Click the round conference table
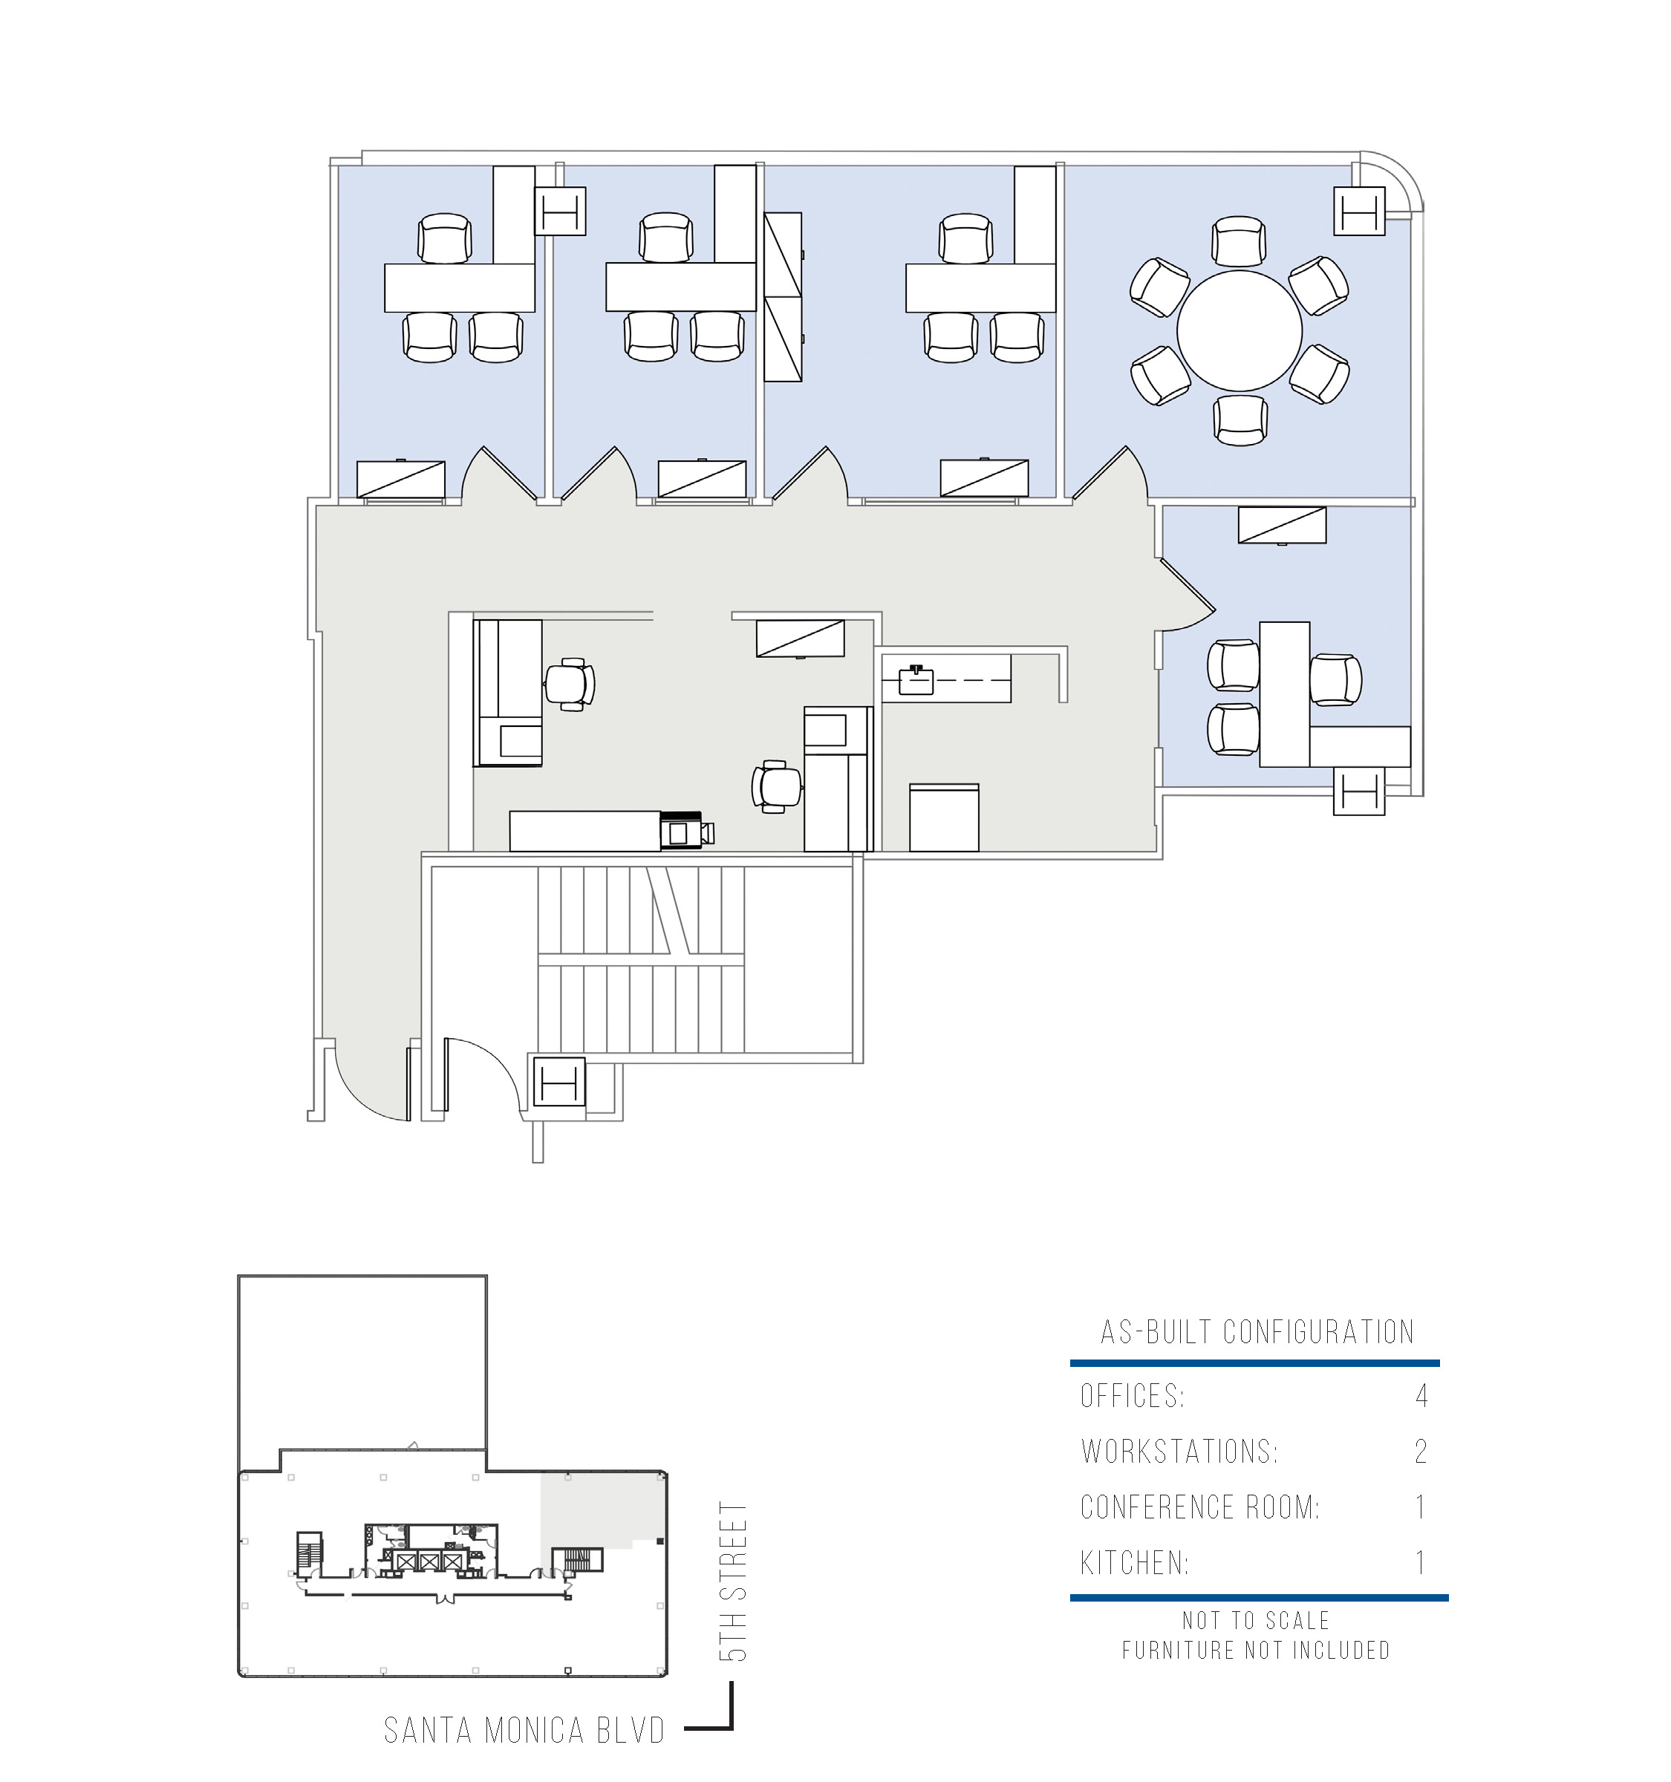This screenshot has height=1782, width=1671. pos(1239,330)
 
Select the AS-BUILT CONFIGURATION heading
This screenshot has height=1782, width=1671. pos(1257,1332)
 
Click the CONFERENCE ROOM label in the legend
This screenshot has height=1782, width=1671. pos(1199,1507)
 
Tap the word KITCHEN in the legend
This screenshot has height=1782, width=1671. pos(1134,1562)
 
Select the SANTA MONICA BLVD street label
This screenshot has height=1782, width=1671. pos(524,1730)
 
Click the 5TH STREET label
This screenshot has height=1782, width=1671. pos(733,1582)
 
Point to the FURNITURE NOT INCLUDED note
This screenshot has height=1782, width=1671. pos(1256,1649)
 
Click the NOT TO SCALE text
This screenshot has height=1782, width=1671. pos(1256,1619)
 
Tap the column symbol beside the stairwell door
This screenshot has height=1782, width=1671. pos(559,1082)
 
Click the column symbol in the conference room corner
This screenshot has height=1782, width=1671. pos(1359,211)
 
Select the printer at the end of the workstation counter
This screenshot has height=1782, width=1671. pos(687,830)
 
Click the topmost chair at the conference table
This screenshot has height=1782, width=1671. pos(1239,241)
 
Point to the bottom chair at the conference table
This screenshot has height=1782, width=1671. pos(1241,420)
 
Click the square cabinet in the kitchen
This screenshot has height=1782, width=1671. pos(944,817)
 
